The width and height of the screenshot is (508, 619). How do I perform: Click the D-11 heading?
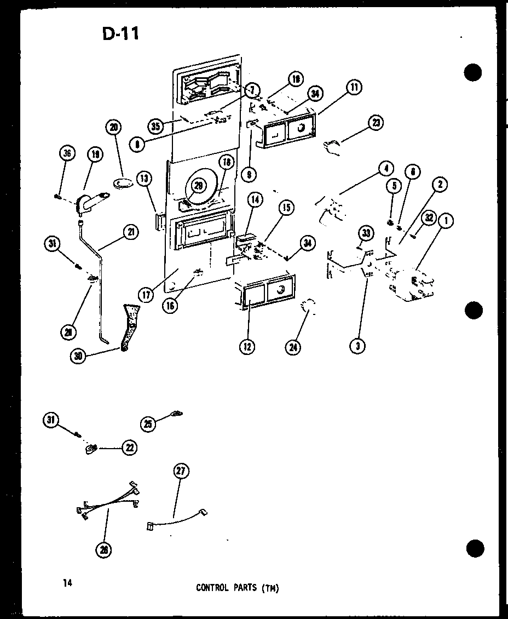pyautogui.click(x=120, y=34)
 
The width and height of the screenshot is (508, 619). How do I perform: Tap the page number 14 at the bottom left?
pyautogui.click(x=68, y=583)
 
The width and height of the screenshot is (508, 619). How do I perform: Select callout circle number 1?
pyautogui.click(x=447, y=222)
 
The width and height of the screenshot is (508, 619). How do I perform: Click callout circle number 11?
pyautogui.click(x=354, y=87)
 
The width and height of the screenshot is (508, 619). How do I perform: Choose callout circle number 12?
pyautogui.click(x=249, y=347)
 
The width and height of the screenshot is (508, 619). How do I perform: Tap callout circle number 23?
pyautogui.click(x=376, y=123)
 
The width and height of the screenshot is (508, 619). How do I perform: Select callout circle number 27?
pyautogui.click(x=181, y=471)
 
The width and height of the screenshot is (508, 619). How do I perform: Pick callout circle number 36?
pyautogui.click(x=66, y=154)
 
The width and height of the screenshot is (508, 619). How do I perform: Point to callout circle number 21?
pyautogui.click(x=131, y=232)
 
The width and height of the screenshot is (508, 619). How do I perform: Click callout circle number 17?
pyautogui.click(x=147, y=295)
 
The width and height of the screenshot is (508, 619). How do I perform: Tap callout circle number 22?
pyautogui.click(x=129, y=448)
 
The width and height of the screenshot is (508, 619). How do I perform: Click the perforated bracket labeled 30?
pyautogui.click(x=129, y=326)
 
